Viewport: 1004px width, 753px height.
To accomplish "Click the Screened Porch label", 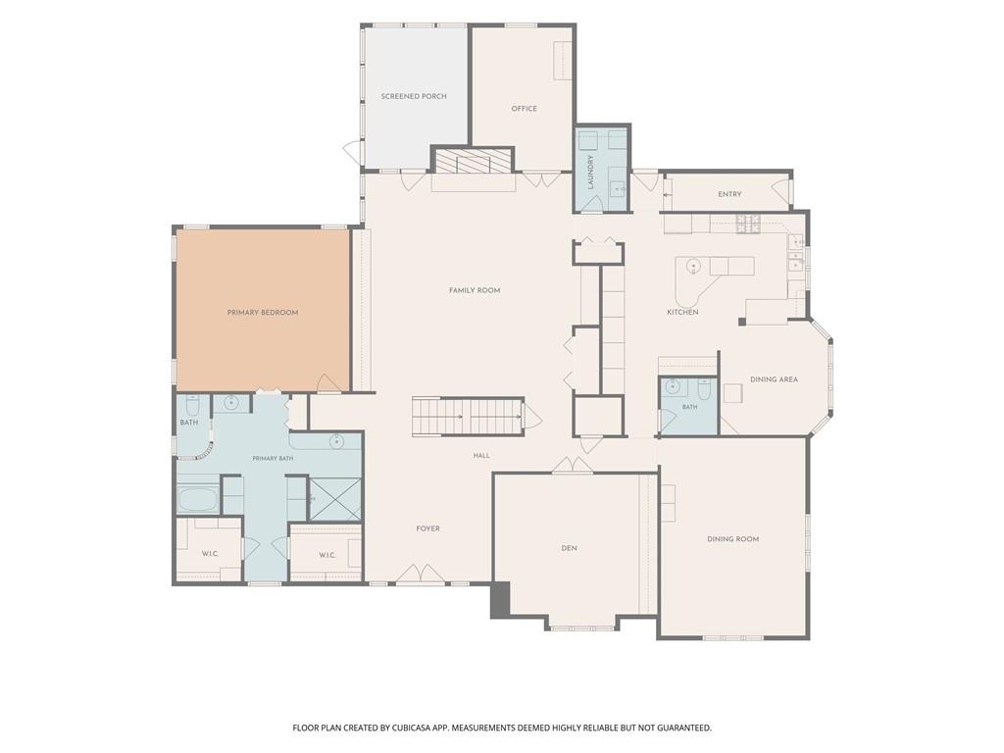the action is tap(414, 97).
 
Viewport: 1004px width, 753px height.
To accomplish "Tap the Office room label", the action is tap(524, 109).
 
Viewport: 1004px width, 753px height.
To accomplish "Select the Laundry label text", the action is tap(591, 171).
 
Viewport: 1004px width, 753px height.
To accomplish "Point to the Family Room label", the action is tap(475, 290).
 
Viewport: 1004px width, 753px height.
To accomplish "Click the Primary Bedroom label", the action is tap(263, 313).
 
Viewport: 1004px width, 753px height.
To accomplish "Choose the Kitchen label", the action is tap(682, 313).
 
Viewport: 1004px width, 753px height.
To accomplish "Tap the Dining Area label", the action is tap(775, 379).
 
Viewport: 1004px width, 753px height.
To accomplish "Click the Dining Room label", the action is tap(733, 539).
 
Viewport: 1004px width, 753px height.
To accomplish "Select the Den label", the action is tap(570, 548).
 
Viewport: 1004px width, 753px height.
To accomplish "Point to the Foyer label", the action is tap(427, 528).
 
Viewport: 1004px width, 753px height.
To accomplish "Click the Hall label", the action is tap(481, 456).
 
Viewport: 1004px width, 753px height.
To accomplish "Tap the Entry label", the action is tap(729, 194).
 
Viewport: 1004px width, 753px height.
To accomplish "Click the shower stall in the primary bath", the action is tap(335, 499).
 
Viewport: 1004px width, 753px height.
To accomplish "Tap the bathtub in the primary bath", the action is tap(198, 499).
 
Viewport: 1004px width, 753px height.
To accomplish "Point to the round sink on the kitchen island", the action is tap(693, 266).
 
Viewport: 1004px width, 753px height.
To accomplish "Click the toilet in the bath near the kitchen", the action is tap(704, 388).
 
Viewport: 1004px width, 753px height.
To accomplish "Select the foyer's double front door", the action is tap(420, 575).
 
